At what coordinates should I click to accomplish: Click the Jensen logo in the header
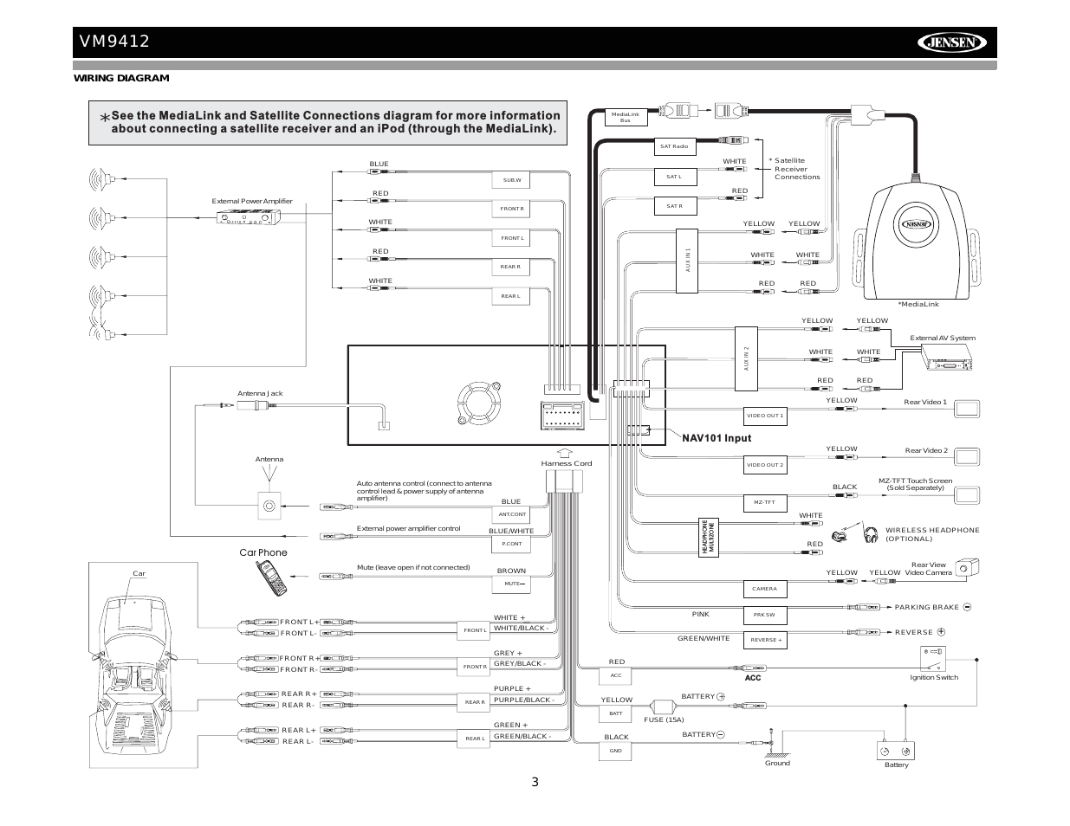tap(952, 42)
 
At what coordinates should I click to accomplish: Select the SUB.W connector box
tap(512, 180)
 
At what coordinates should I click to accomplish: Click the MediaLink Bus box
tap(625, 117)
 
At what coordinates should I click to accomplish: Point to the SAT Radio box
tap(674, 147)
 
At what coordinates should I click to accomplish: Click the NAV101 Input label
tap(716, 438)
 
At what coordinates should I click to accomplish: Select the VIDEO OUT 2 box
tap(765, 465)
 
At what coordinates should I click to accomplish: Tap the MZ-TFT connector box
tap(764, 502)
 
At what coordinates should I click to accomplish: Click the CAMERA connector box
tap(764, 589)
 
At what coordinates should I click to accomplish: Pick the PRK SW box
tap(764, 616)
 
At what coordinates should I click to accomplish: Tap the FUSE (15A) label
tap(664, 720)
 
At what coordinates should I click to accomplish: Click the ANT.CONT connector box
tap(512, 514)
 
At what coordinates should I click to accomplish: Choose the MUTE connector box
tap(512, 584)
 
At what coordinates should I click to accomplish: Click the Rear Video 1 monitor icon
tap(966, 409)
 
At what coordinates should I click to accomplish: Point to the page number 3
tap(535, 783)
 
